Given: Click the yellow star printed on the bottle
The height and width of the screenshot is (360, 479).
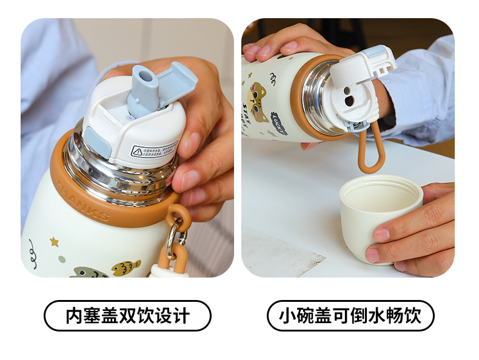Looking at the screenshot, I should (54, 242).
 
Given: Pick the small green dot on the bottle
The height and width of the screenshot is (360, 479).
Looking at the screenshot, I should (61, 259).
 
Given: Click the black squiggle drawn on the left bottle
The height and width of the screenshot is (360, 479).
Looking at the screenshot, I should (32, 249).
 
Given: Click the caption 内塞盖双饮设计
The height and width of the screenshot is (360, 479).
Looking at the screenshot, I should (127, 316).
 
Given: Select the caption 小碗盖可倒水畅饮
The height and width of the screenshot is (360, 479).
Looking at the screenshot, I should (350, 316).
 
